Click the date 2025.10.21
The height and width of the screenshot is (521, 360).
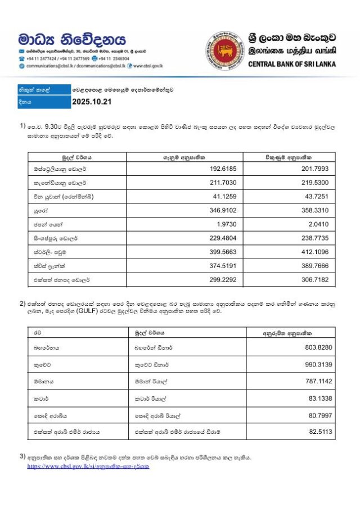(x=93, y=102)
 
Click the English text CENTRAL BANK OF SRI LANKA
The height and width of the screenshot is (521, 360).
(x=292, y=64)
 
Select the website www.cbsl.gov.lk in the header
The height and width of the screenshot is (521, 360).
(x=148, y=66)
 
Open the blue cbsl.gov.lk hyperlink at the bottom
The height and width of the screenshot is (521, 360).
(x=88, y=466)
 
